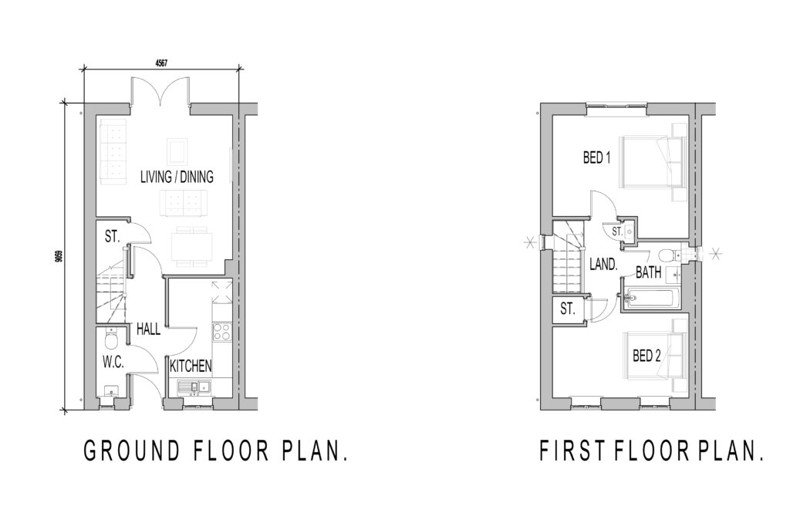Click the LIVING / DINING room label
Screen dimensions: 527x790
(x=177, y=177)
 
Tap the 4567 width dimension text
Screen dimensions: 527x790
(x=161, y=62)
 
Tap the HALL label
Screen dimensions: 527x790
(x=148, y=329)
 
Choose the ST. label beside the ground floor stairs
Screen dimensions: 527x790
(x=112, y=237)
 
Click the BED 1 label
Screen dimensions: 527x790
(x=596, y=159)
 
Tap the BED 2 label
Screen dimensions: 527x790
(x=647, y=356)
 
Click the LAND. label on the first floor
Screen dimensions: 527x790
(x=603, y=264)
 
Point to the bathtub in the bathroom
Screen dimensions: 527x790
(x=653, y=297)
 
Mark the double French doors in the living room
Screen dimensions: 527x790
(x=161, y=93)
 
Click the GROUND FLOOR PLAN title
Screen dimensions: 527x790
(x=214, y=451)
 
